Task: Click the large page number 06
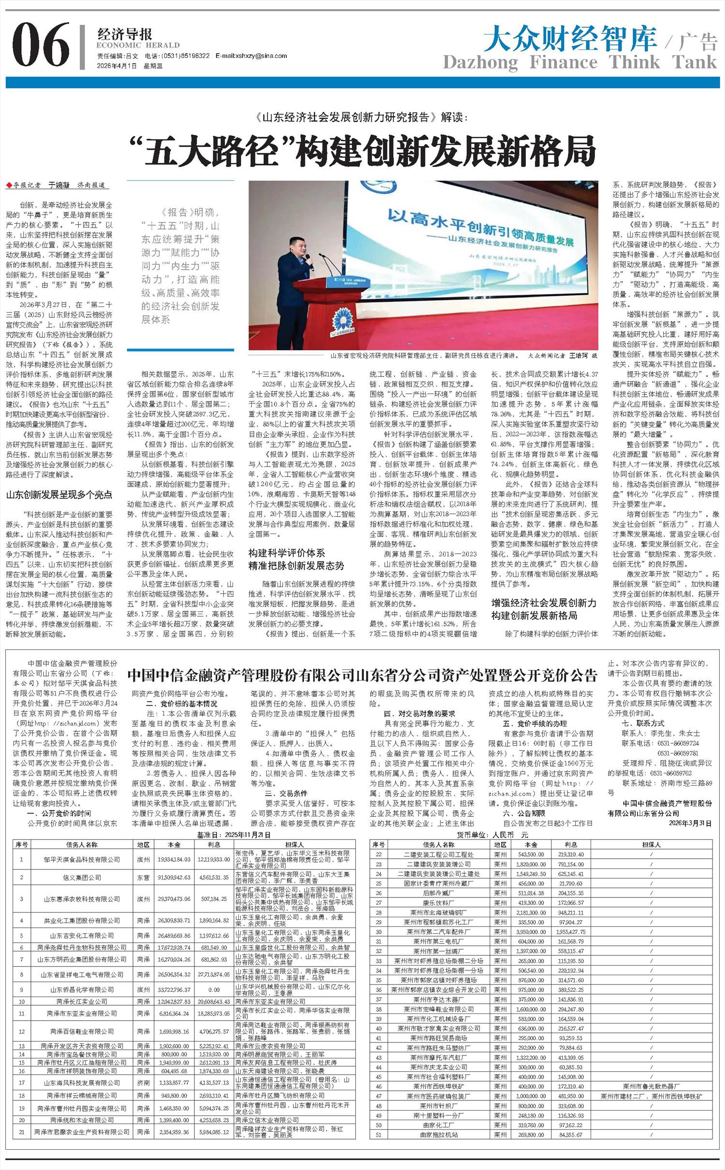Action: coord(41,45)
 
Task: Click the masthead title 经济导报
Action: coord(125,34)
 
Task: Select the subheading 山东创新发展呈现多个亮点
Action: coord(59,494)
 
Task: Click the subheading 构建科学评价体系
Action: coord(287,552)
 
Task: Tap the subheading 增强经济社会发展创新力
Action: coord(544,603)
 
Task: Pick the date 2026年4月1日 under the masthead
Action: coord(117,66)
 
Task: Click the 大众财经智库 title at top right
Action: coord(570,39)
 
